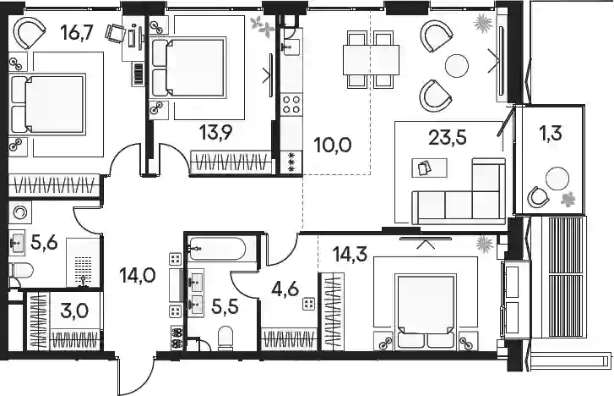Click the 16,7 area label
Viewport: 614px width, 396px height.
(77, 32)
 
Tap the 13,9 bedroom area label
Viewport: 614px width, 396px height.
(215, 132)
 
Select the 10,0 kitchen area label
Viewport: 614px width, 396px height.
(333, 145)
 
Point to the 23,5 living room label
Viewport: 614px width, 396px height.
(448, 137)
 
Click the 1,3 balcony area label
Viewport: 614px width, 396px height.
(551, 133)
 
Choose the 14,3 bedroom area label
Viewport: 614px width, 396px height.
(350, 255)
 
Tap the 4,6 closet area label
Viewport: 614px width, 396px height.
(285, 289)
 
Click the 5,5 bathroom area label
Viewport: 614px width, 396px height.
(225, 307)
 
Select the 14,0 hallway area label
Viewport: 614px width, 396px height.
(138, 275)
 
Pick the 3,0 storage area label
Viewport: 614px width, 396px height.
(74, 311)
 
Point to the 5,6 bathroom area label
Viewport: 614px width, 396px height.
(44, 244)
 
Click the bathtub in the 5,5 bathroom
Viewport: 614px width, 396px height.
(217, 249)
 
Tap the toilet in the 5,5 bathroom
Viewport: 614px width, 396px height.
(225, 338)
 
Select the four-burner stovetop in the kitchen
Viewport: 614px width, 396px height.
(291, 104)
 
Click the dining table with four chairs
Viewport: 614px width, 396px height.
(371, 60)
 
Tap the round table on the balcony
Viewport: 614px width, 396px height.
(557, 179)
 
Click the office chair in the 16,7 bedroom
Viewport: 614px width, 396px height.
(115, 32)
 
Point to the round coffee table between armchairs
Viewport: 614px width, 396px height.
(457, 65)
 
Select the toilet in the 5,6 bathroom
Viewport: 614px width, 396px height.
(21, 270)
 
